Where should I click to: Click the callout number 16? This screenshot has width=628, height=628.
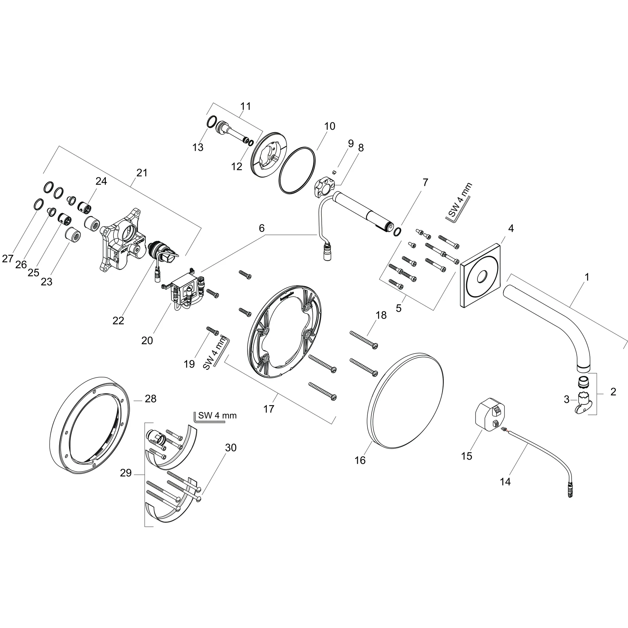click(x=360, y=460)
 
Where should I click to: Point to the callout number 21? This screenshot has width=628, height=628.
click(x=142, y=173)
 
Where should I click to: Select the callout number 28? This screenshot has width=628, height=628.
click(x=151, y=399)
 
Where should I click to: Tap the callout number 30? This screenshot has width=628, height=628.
click(x=231, y=448)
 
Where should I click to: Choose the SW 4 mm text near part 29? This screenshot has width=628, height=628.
click(x=217, y=415)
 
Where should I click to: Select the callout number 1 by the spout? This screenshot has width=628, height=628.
click(x=587, y=277)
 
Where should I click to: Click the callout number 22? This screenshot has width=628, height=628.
click(x=118, y=320)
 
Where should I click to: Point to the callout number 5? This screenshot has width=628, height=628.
click(x=399, y=308)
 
